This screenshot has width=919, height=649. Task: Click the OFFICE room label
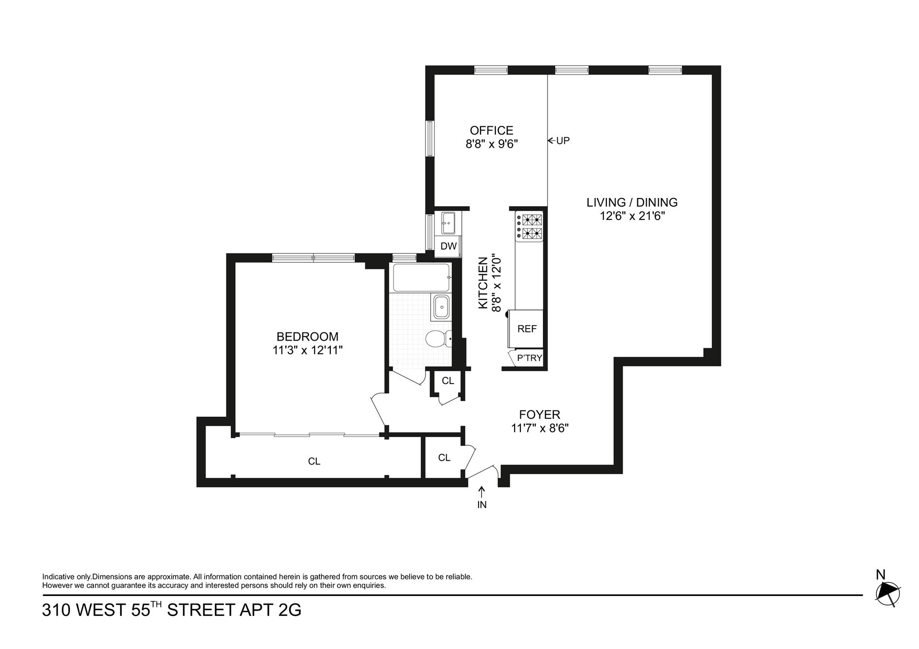coord(491,131)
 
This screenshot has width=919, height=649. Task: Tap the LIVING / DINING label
coord(632,202)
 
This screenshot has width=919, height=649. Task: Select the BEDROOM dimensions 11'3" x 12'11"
coord(307,350)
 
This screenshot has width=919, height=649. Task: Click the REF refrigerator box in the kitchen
coord(527,329)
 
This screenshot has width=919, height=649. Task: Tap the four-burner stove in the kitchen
coord(530,227)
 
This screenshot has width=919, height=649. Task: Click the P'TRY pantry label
coord(529,358)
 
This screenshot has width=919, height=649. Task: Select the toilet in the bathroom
coord(437,338)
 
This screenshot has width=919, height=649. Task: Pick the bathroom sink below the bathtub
coord(440,307)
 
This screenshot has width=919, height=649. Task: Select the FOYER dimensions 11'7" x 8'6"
coord(539,428)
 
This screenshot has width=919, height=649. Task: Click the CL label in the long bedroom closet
coord(314,462)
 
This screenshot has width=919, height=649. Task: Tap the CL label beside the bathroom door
coord(448,381)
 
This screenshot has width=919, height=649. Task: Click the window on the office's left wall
coord(430,138)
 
